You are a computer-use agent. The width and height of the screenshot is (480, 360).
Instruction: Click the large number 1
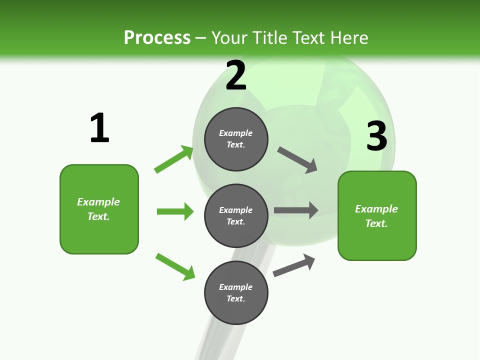point(99,128)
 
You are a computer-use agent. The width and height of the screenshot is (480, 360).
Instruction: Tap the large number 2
point(236,75)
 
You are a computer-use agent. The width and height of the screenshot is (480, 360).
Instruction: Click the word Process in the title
point(157,37)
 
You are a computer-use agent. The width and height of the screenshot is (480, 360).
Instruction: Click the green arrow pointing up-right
point(174,159)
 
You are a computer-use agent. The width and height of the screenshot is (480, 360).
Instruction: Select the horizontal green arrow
point(175,211)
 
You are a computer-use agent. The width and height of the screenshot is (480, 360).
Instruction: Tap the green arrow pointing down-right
point(175,266)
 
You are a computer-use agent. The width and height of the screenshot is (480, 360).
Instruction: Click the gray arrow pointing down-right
point(297,160)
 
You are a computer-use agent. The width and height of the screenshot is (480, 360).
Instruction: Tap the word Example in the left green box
point(98,202)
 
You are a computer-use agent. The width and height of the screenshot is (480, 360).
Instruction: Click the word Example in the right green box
point(376,209)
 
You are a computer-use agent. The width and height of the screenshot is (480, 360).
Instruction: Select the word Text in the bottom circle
point(235,299)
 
